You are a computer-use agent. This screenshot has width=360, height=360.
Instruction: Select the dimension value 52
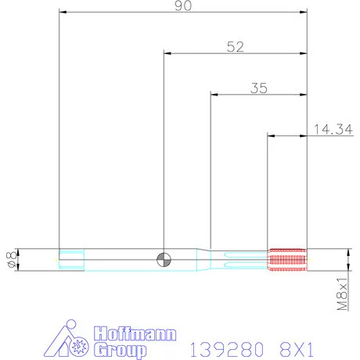(x=235, y=46)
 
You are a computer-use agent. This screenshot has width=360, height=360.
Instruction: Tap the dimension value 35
(x=259, y=88)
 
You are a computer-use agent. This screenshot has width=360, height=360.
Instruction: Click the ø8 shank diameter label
(x=11, y=258)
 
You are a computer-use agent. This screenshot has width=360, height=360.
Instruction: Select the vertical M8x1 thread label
(x=342, y=294)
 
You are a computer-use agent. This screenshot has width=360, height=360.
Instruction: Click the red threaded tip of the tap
(x=287, y=258)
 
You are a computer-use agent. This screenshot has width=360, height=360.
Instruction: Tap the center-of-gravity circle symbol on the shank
(x=164, y=258)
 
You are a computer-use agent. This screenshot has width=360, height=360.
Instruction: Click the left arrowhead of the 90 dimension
(x=63, y=13)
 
